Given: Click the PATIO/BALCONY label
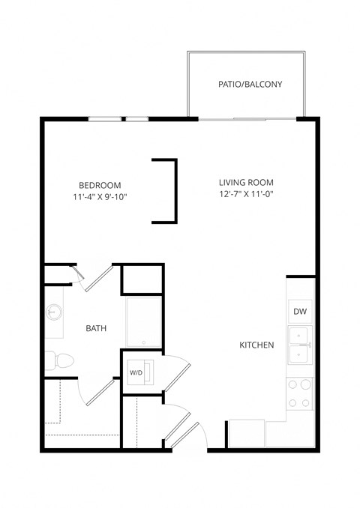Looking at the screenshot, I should [x=250, y=84].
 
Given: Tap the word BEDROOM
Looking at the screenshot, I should [x=100, y=185].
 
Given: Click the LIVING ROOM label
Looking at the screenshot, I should [x=246, y=182].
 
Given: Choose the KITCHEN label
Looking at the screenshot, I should [x=256, y=345].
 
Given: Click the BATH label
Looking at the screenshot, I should [x=95, y=328].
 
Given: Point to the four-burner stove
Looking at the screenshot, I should [x=301, y=393].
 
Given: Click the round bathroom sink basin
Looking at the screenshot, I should [x=54, y=311].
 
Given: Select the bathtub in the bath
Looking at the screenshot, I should [x=143, y=322].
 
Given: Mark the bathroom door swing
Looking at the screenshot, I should [x=97, y=277].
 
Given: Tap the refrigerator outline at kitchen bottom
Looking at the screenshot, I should [x=246, y=434].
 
